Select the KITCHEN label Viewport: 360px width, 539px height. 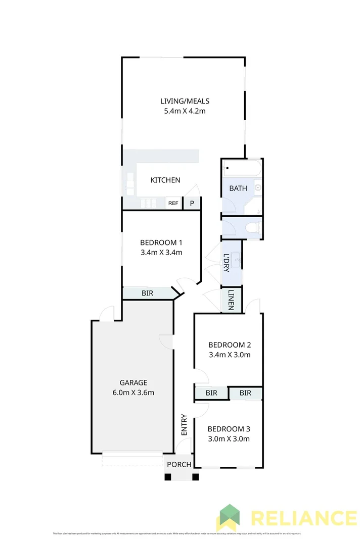[x=165, y=180]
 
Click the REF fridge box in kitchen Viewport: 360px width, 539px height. [x=173, y=203]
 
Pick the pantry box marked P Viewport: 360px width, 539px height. [x=192, y=203]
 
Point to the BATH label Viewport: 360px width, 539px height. [x=238, y=188]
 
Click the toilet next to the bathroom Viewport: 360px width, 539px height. [x=253, y=228]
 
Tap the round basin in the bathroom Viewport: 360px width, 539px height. [x=257, y=188]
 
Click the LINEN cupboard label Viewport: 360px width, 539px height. [x=231, y=300]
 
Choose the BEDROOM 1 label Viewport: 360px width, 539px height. [x=161, y=242]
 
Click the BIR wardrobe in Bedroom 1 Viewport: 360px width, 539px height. [x=147, y=293]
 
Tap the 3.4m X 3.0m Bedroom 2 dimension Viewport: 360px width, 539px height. [x=230, y=355]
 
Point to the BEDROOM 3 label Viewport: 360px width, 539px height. [x=229, y=429]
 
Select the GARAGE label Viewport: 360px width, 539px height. [x=133, y=382]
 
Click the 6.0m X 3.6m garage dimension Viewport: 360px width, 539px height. [x=133, y=393]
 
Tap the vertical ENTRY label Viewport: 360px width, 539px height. [x=184, y=425]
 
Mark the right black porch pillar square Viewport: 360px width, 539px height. [x=196, y=476]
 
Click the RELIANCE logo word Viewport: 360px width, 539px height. [x=303, y=519]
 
